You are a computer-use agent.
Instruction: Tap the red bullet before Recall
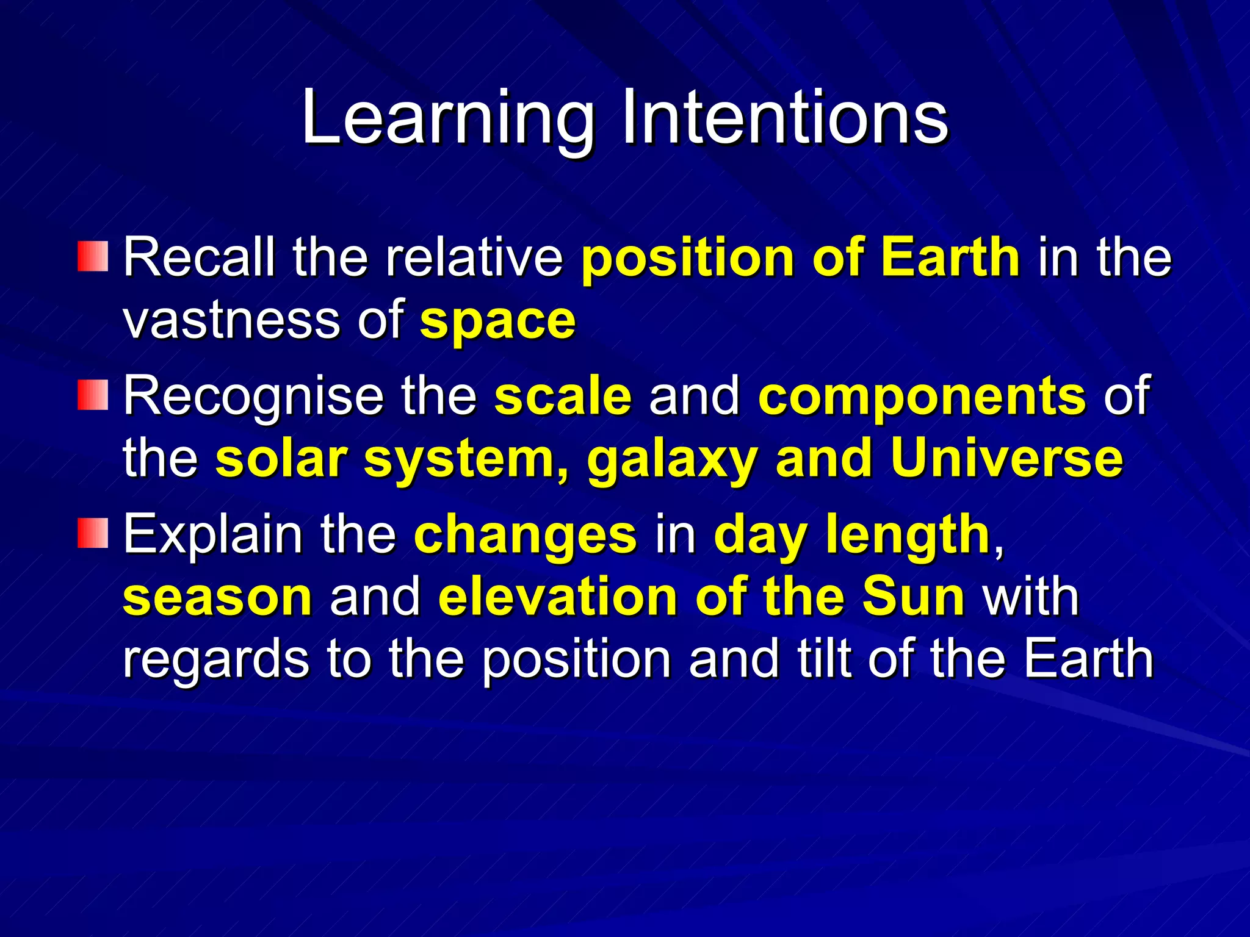93,256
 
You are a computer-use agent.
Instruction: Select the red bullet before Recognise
93,395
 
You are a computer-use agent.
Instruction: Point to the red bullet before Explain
93,533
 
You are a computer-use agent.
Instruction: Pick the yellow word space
497,321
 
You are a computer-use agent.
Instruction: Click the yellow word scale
563,396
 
